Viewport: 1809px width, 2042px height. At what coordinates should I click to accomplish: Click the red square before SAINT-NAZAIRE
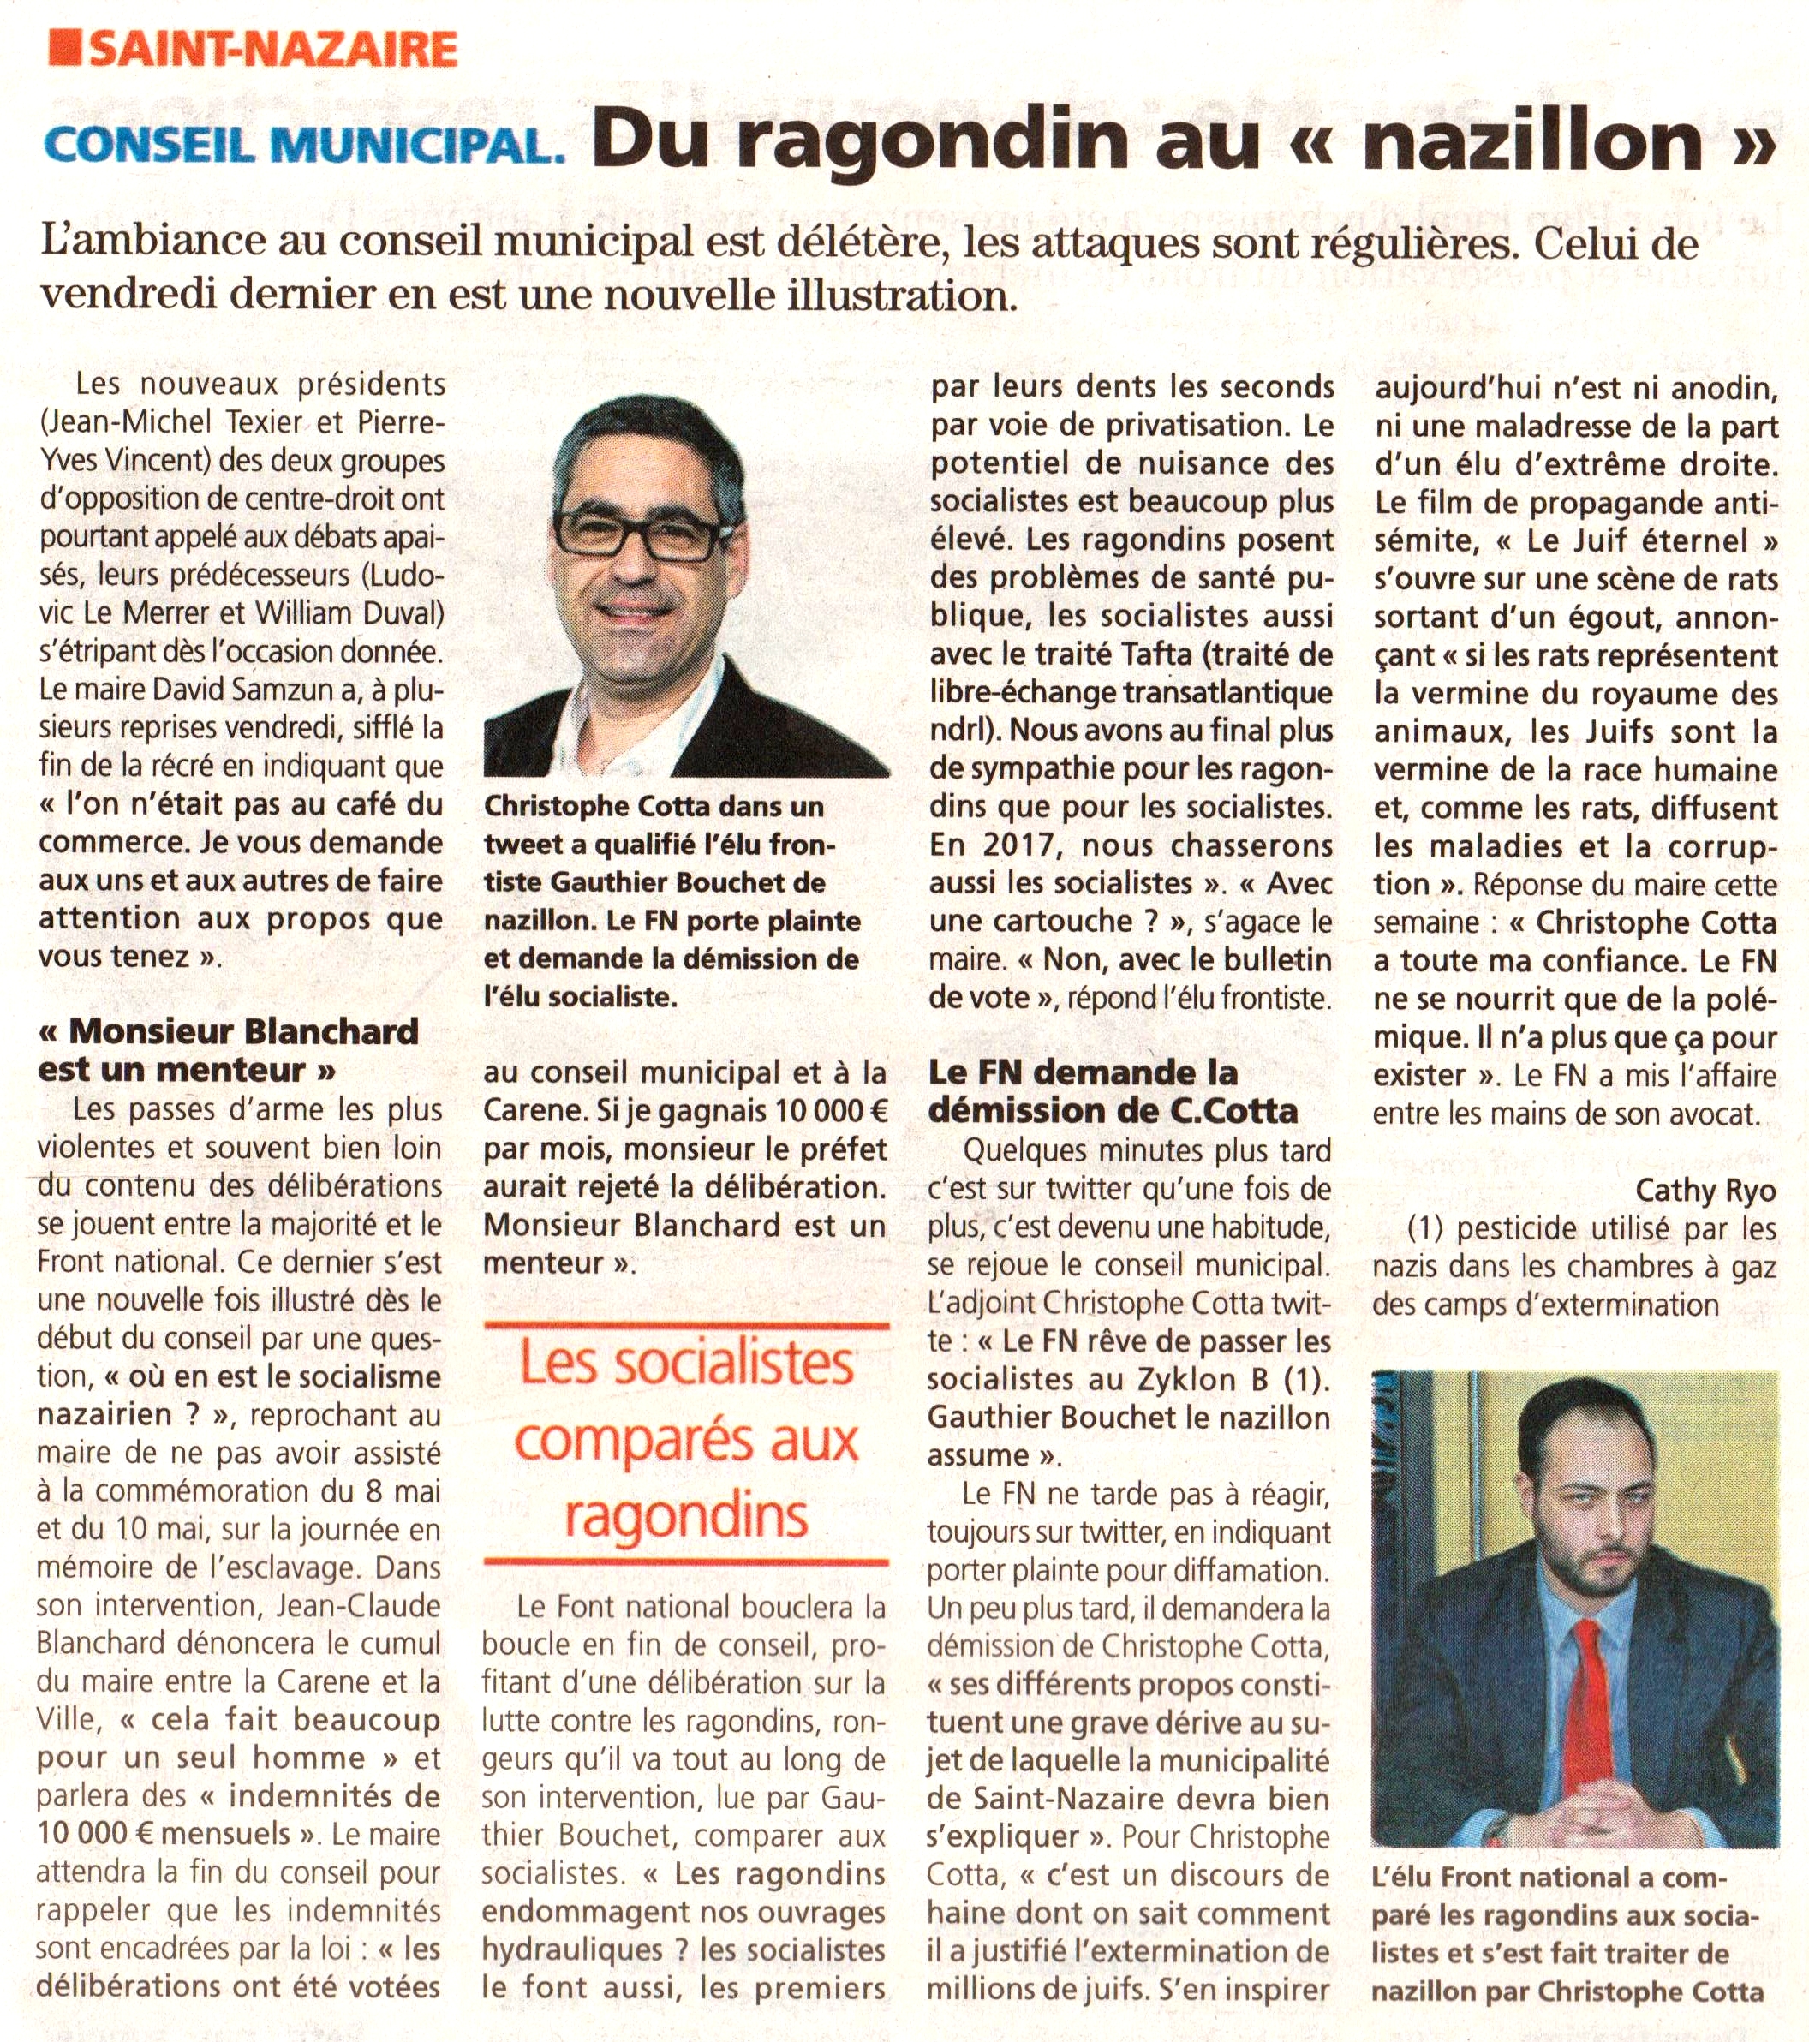pyautogui.click(x=65, y=47)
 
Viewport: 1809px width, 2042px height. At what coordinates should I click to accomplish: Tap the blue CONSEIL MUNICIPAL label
pyautogui.click(x=305, y=146)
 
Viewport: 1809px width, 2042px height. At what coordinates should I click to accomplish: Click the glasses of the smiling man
pyautogui.click(x=636, y=534)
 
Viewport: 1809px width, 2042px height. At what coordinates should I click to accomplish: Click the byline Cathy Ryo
pyautogui.click(x=1705, y=1190)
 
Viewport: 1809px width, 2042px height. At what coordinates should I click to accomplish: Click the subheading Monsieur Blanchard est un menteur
pyautogui.click(x=228, y=1050)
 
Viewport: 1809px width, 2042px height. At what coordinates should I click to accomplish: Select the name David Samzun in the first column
pyautogui.click(x=229, y=690)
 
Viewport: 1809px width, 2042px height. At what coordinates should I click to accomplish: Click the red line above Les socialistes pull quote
pyautogui.click(x=686, y=1328)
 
